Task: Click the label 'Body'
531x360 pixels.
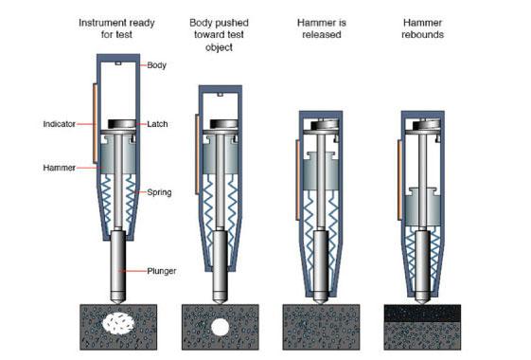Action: [x=156, y=65]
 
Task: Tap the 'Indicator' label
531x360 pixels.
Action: [x=60, y=124]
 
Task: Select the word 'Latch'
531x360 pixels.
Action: [x=157, y=124]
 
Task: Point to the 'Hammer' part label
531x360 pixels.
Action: [x=60, y=168]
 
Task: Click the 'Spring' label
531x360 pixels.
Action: [x=159, y=192]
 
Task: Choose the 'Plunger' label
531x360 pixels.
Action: [x=162, y=271]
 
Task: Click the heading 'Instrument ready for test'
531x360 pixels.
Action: [x=116, y=28]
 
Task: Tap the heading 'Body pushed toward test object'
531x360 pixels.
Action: [x=219, y=35]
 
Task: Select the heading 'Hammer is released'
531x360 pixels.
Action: [x=322, y=28]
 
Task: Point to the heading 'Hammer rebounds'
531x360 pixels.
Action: [x=423, y=28]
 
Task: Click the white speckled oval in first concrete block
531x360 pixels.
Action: [x=118, y=323]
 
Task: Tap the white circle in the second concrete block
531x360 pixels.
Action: [x=221, y=327]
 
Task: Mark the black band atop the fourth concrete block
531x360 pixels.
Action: [x=422, y=314]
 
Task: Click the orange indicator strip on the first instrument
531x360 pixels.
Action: [x=96, y=123]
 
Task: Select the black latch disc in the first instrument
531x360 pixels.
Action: [x=121, y=124]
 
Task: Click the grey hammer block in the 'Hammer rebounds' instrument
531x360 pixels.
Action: [x=422, y=207]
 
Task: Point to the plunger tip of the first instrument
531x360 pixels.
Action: [x=118, y=302]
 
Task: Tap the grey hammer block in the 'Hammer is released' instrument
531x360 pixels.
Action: [x=321, y=171]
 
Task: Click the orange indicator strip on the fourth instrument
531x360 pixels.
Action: [x=400, y=180]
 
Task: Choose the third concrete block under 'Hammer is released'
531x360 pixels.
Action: [x=321, y=327]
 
